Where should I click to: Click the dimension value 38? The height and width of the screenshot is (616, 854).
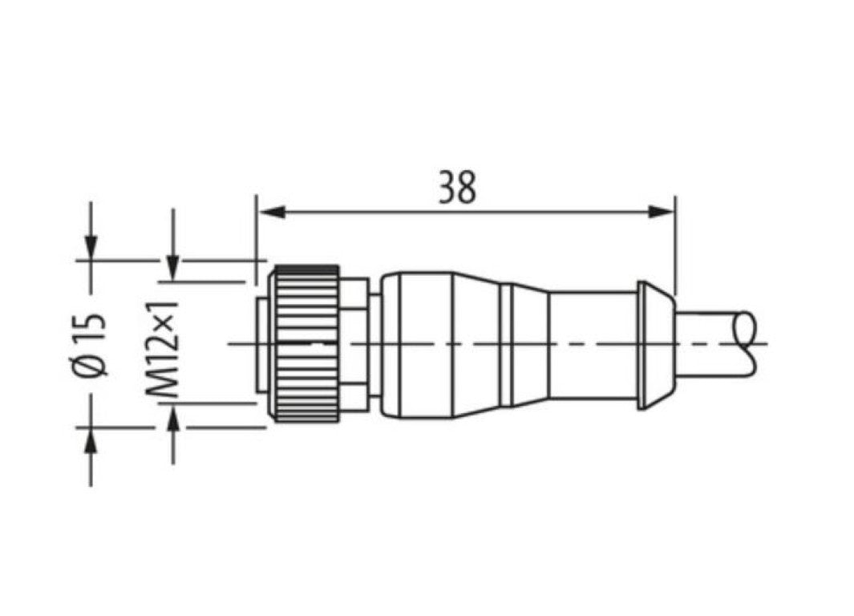tap(458, 188)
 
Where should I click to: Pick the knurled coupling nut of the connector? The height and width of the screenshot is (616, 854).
tap(306, 343)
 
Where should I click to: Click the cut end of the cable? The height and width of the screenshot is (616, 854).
tap(749, 342)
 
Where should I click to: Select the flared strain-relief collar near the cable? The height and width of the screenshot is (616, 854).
tap(654, 345)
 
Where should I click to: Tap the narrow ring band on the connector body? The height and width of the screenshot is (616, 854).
tap(506, 345)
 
